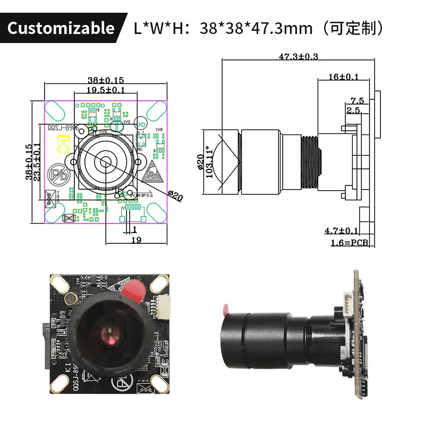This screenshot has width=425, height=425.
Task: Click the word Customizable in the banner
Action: pyautogui.click(x=61, y=28)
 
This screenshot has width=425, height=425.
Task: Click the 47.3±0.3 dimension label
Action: pyautogui.click(x=298, y=56)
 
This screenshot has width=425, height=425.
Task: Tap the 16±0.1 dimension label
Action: pyautogui.click(x=343, y=77)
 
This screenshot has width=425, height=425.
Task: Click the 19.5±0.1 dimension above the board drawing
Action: pyautogui.click(x=106, y=90)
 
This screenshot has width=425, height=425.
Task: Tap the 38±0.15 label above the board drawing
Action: pyautogui.click(x=106, y=80)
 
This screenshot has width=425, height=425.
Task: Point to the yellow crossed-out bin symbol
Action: pyautogui.click(x=63, y=144)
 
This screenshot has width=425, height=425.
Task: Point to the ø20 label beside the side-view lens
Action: pyautogui.click(x=200, y=162)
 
